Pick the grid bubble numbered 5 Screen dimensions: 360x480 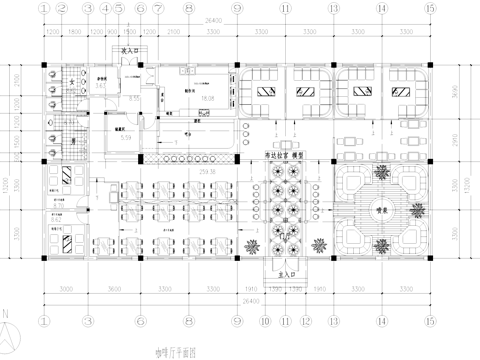[118, 9]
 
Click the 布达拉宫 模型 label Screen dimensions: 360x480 [285, 157]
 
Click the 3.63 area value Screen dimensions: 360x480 [101, 87]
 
